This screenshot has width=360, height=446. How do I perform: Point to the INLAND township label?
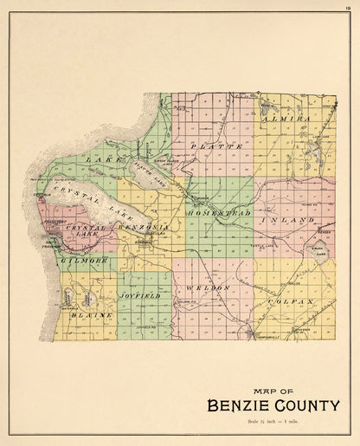tap(294, 221)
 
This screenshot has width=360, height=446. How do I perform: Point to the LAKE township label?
tap(106, 160)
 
